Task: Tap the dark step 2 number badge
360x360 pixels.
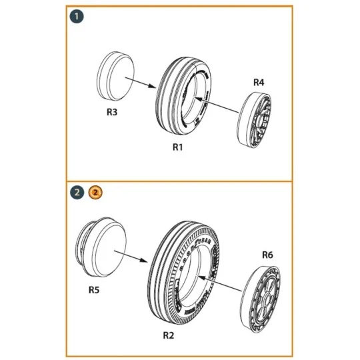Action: coord(78,193)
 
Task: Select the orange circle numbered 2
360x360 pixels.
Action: coord(95,193)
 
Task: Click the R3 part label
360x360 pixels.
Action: coord(113,113)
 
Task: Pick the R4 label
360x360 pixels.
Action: coord(259,82)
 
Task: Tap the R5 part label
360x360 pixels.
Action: coord(95,290)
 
